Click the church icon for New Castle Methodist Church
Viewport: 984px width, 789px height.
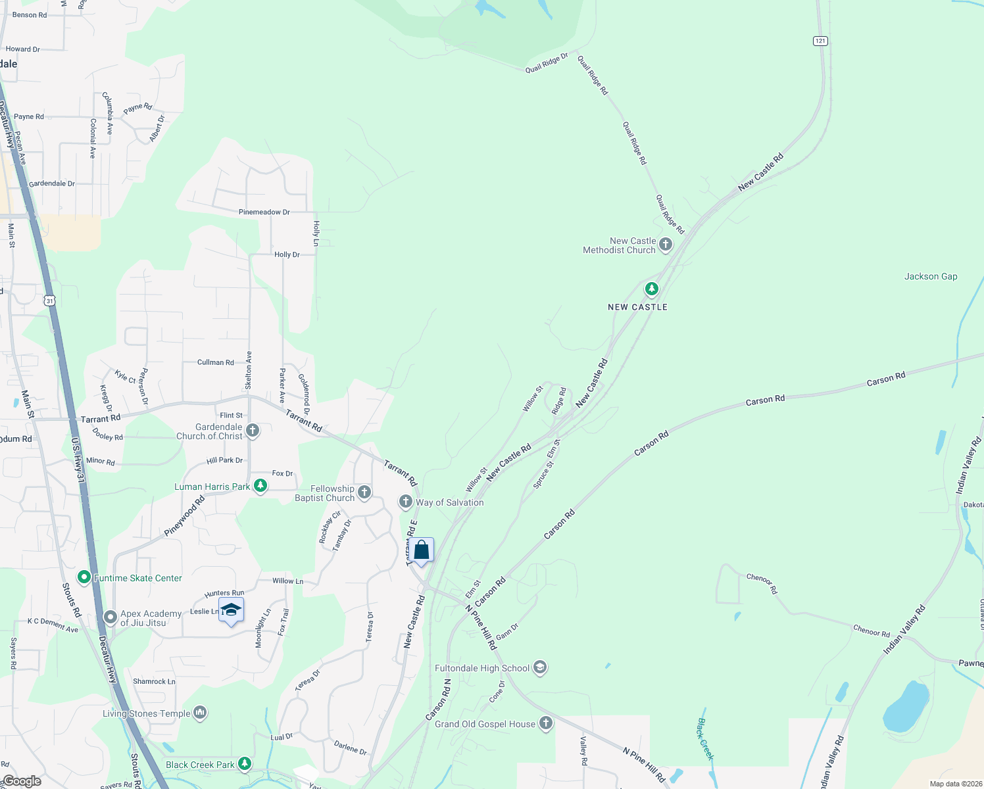point(666,245)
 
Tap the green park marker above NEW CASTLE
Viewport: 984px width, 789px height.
point(651,289)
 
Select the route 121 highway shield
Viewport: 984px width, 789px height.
point(820,41)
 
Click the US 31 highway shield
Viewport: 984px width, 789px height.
point(50,300)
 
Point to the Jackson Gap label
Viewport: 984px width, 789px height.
point(930,277)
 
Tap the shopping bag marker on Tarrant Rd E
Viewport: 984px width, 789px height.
point(422,550)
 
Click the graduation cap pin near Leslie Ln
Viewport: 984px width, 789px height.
point(231,610)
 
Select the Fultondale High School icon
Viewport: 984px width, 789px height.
point(540,668)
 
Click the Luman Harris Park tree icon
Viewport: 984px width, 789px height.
point(260,487)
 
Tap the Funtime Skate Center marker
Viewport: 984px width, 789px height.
point(84,578)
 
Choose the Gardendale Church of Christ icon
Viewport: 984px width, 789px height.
point(253,431)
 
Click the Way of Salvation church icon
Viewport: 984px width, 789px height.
point(406,502)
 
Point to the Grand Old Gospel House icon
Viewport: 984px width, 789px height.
point(546,724)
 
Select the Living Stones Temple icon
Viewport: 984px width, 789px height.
point(201,713)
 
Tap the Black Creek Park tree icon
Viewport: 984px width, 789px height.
point(245,764)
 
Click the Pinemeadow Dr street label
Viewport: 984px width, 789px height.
point(264,212)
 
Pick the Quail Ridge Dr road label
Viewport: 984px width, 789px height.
point(547,64)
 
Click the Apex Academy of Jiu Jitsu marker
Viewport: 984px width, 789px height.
point(111,617)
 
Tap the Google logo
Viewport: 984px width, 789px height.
point(22,781)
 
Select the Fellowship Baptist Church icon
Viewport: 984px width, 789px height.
point(364,492)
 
